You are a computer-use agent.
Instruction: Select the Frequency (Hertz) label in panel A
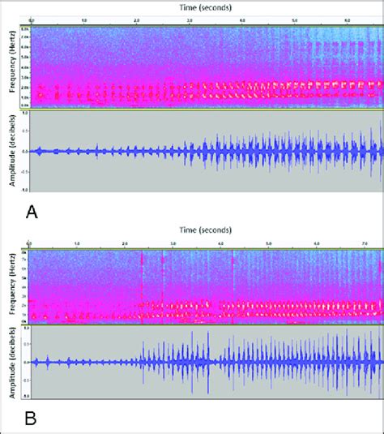click(12, 67)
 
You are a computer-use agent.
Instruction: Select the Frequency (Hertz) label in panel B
click(12, 287)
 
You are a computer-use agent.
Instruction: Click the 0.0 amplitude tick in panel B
click(25, 362)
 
